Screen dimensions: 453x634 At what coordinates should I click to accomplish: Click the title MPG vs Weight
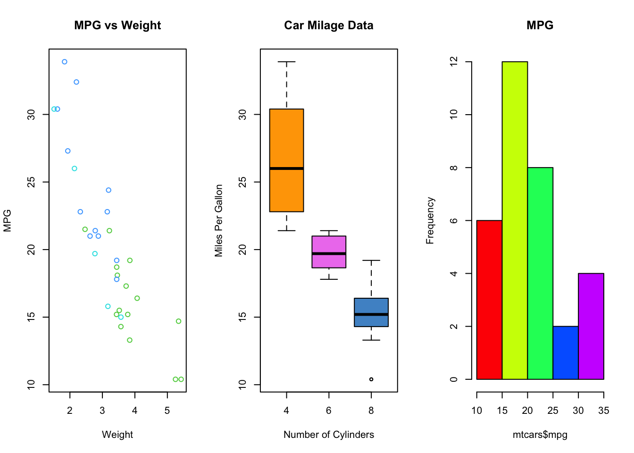pos(117,25)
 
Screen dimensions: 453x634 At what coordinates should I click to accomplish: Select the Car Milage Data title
pos(328,25)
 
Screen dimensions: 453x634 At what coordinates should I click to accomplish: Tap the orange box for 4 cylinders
pos(286,142)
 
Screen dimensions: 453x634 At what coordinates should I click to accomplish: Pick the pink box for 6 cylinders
pos(329,245)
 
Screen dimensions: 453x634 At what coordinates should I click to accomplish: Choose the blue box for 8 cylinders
pos(371,307)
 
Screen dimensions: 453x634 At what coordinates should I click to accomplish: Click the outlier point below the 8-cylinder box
pos(371,379)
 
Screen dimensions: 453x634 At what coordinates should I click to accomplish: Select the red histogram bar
pos(489,300)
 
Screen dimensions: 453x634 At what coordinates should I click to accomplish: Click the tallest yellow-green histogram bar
pos(515,220)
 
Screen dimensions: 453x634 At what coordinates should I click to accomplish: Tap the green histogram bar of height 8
pos(540,273)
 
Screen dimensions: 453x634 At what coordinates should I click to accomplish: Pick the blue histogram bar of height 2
pos(566,352)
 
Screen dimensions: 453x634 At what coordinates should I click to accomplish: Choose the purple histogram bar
pos(591,326)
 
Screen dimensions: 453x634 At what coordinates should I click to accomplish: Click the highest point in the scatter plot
pos(65,62)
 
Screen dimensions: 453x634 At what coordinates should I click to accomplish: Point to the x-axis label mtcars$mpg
pos(540,435)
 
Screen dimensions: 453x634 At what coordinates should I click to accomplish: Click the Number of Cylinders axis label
pos(329,435)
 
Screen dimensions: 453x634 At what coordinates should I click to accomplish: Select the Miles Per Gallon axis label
pos(219,220)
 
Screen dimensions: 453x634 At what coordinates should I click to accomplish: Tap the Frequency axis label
pos(430,220)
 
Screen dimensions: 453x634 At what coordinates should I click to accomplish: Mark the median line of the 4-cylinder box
pos(286,168)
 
